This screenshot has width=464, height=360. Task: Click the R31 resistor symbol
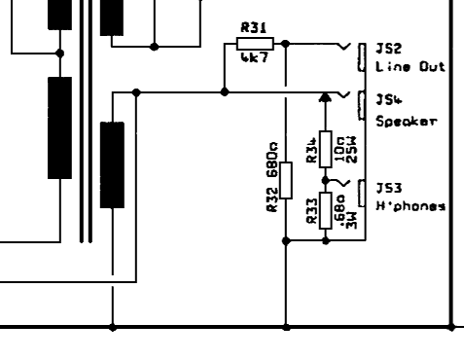coord(255,44)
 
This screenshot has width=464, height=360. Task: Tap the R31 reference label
coord(254,27)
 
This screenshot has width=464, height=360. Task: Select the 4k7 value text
coord(255,57)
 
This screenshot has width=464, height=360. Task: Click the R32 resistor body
coord(286,180)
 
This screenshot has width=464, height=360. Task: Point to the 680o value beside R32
coord(272,160)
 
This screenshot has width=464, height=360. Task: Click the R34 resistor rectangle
coord(326,149)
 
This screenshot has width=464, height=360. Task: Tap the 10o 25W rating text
coord(345,150)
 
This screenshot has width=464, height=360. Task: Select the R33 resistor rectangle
coord(326,210)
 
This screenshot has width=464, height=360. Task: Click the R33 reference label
coord(311,211)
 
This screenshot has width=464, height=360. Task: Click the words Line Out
coord(410,67)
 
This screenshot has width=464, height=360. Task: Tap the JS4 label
coord(389,99)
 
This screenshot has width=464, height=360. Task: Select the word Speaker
coord(407,122)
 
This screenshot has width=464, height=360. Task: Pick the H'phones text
coord(410,206)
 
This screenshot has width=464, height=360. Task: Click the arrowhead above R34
coord(325,97)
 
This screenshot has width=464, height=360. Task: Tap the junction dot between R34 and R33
coord(326,180)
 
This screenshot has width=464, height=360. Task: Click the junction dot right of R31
coord(286,44)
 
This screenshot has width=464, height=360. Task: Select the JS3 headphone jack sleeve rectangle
coord(362,194)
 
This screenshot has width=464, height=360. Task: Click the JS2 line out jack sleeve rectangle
coord(362,57)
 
